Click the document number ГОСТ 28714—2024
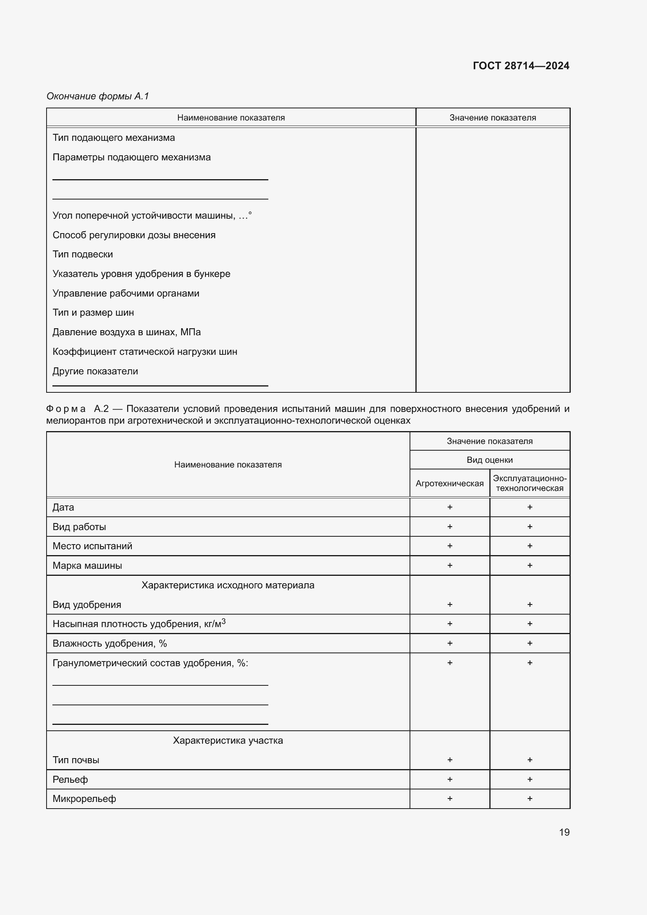[x=521, y=66]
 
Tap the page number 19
[x=564, y=832]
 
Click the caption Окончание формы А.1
[x=98, y=96]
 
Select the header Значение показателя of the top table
[x=492, y=118]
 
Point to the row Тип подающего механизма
[x=113, y=138]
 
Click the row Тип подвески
[x=83, y=254]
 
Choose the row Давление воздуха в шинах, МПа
[x=126, y=332]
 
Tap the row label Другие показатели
[x=95, y=371]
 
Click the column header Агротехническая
[x=449, y=484]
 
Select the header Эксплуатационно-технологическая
[x=530, y=483]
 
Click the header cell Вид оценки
[x=490, y=460]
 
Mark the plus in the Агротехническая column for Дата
[x=450, y=507]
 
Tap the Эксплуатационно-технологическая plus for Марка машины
[x=530, y=565]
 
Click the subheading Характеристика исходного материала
[x=228, y=585]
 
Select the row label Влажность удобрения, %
[x=110, y=643]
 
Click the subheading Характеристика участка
[x=228, y=741]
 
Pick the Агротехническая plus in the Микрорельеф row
[x=450, y=799]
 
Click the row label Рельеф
[x=70, y=780]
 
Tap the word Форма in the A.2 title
[x=66, y=409]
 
